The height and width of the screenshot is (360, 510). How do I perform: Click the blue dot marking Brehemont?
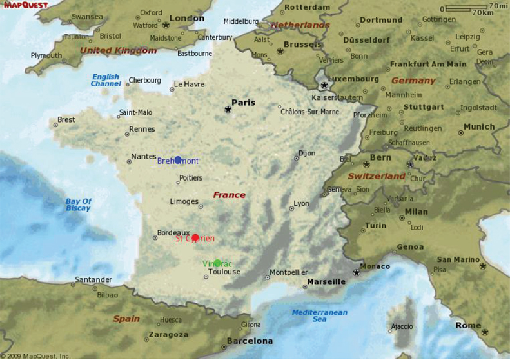pos(178,160)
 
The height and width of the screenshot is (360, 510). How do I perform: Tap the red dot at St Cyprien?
pos(195,237)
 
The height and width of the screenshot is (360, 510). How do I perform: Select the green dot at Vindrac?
pos(217,263)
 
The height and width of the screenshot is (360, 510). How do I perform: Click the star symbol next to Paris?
pos(228,110)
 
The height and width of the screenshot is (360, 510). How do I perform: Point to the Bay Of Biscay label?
pos(79,205)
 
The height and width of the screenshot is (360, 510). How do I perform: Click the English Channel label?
pos(106,80)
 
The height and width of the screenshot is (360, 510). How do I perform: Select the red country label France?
pos(230,195)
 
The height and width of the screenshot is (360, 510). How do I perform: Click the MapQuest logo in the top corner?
pos(26,5)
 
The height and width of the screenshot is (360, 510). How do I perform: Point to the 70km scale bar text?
pos(482,12)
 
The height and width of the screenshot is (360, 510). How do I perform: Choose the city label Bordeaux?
pos(173,232)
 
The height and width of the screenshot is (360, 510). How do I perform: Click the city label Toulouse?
pos(224,272)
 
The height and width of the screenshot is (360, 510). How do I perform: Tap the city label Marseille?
pos(326,281)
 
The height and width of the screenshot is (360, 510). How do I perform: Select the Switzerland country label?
pos(377,176)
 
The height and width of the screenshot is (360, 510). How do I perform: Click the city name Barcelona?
pos(250,341)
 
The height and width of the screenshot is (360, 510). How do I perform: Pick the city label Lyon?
pos(302,203)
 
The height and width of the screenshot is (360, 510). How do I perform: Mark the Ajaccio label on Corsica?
pos(402,326)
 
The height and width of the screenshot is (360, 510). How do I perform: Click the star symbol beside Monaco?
pos(356,272)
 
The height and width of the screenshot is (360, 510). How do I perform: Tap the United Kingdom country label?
pos(119,50)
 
